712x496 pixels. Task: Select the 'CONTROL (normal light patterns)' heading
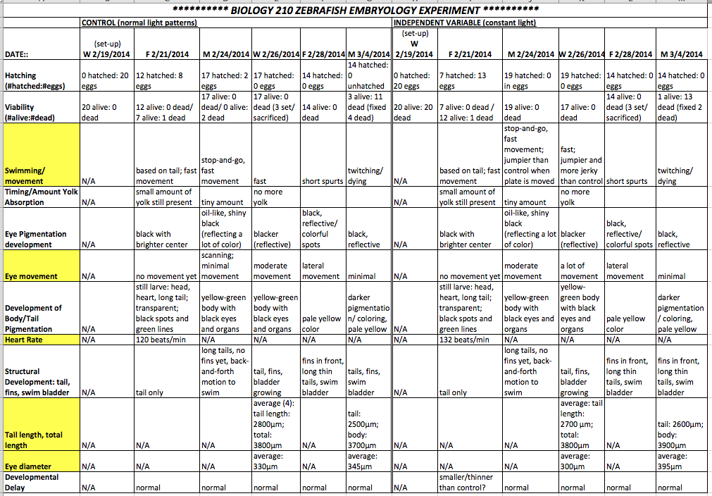tap(139, 23)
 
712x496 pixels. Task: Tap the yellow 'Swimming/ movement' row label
tap(41, 175)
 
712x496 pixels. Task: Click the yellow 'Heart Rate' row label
tap(41, 340)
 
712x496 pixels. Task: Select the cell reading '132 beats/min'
tap(465, 340)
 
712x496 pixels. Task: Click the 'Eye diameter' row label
tap(41, 466)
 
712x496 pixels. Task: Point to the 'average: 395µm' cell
tap(680, 461)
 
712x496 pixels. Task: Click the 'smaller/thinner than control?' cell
tap(466, 482)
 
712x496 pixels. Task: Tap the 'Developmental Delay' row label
tap(41, 482)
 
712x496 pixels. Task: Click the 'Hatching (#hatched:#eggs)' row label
tap(41, 80)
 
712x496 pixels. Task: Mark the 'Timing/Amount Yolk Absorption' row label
tap(41, 197)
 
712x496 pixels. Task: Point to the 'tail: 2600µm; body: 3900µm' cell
tap(680, 435)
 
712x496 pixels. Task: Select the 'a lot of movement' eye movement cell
tap(581, 271)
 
